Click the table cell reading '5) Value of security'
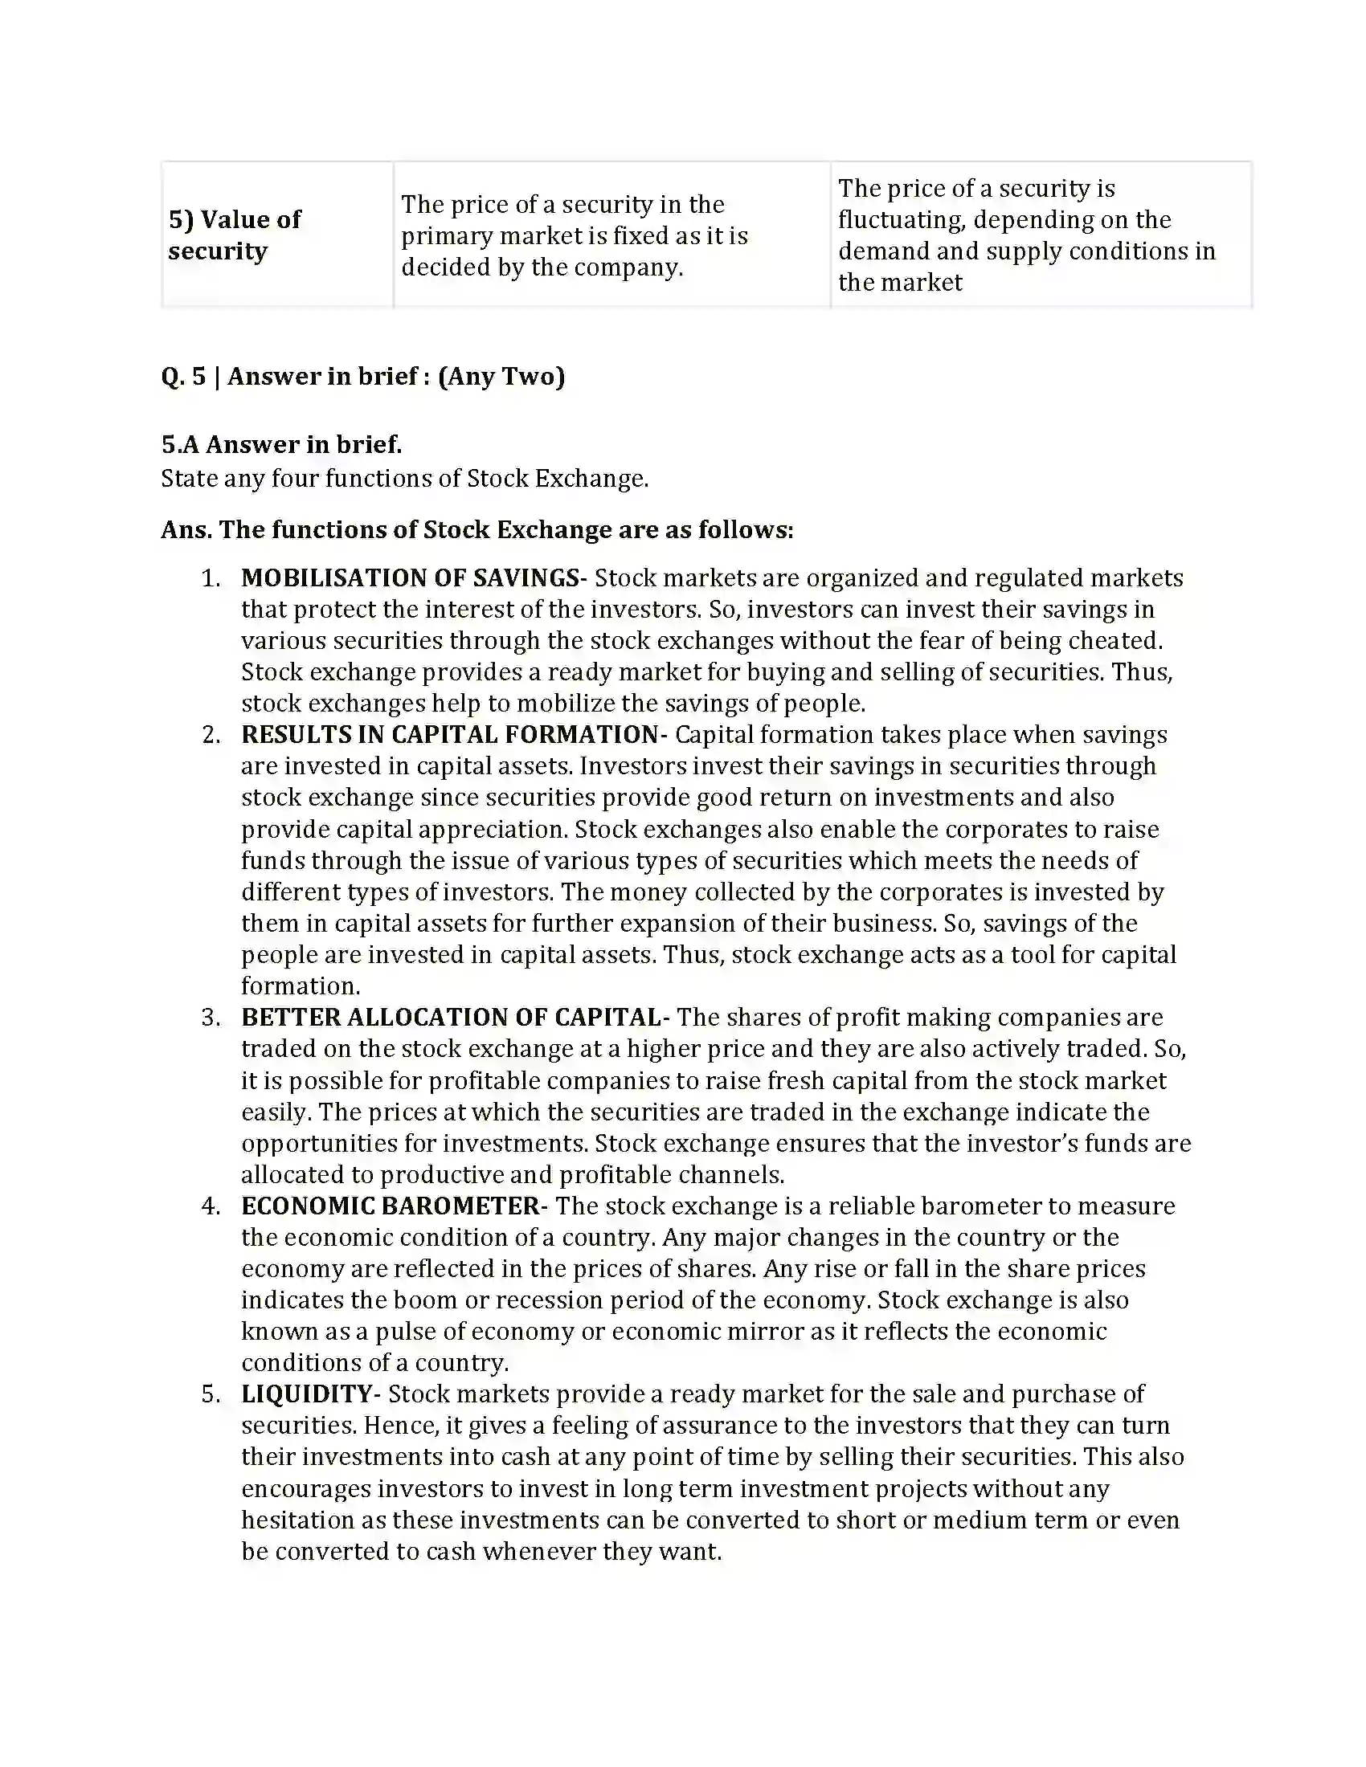pos(235,235)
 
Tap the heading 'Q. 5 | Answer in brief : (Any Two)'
pos(362,376)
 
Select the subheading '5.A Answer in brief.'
pos(280,444)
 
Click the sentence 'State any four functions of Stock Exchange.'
pos(405,478)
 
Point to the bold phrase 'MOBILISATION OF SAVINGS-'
pos(414,577)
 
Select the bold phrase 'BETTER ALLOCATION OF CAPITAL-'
pos(455,1017)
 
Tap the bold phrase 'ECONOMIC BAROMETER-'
pos(394,1206)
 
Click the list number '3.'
pos(211,1018)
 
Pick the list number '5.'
pos(211,1395)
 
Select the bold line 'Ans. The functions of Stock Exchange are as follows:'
pos(476,530)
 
